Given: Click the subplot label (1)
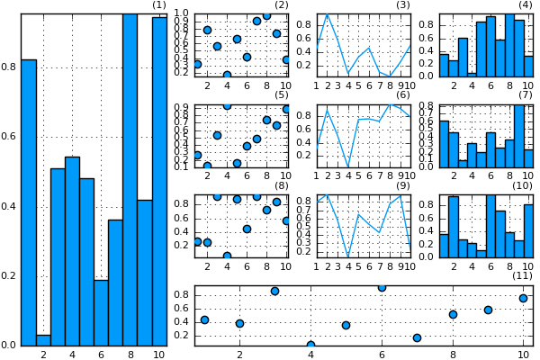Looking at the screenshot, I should (158, 5).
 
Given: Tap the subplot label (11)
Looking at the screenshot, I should (521, 275).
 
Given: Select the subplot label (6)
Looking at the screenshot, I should (402, 94).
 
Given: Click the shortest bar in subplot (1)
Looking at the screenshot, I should (43, 339).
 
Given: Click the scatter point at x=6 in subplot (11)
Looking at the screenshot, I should (382, 287).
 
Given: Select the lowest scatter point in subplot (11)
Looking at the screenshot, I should (310, 345).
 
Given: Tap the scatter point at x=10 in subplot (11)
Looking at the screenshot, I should (523, 298).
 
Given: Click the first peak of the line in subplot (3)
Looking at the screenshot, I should (327, 14).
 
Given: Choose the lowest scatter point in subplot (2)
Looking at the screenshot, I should (227, 75).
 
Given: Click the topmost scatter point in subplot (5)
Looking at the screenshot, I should (227, 105).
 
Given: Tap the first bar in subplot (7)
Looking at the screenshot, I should (444, 144).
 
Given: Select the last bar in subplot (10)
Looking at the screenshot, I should (528, 231).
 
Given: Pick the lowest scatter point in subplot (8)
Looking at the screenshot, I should (227, 256).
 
